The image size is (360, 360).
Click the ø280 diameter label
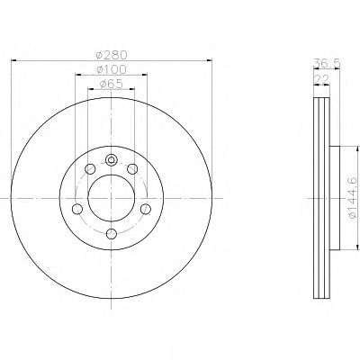coord(112,55)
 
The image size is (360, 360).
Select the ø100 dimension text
coord(112,69)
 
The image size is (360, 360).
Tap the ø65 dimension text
coord(111,84)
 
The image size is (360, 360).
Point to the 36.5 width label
coord(327,64)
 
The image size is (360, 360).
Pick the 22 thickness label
coord(321,79)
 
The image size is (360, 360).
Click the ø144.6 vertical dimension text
coord(352,197)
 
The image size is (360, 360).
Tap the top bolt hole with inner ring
coord(112,160)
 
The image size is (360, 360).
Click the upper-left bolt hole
coord(90,169)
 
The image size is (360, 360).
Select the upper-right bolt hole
coord(132,169)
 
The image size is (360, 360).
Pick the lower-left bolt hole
coord(77,209)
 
